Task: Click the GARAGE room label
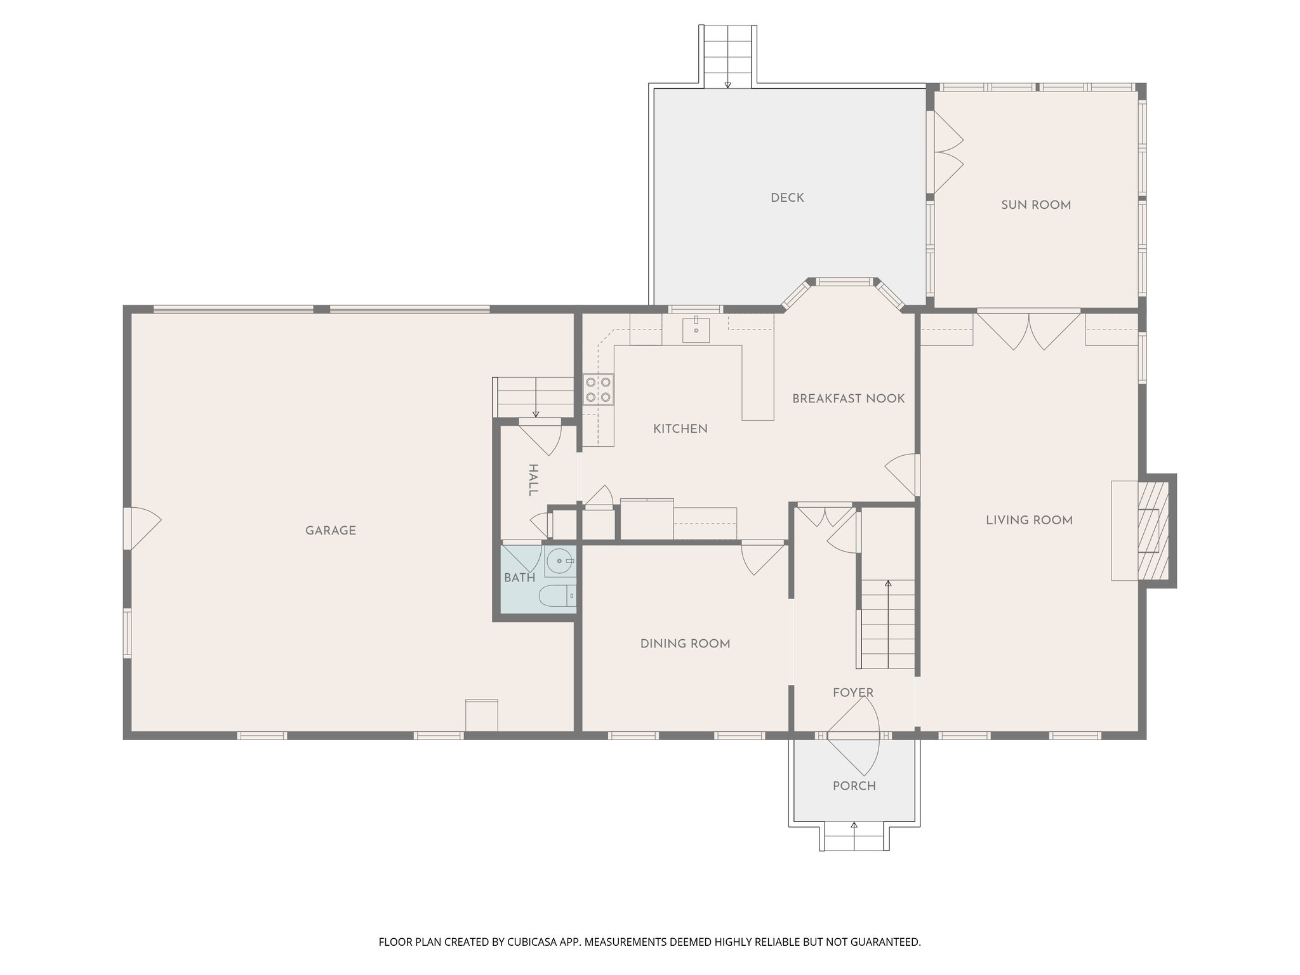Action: pyautogui.click(x=330, y=531)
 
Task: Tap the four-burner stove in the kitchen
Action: pyautogui.click(x=599, y=390)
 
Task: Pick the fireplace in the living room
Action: pyautogui.click(x=1151, y=530)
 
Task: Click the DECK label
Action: pyautogui.click(x=787, y=198)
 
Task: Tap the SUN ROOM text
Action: pyautogui.click(x=1035, y=205)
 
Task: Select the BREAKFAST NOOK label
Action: pyautogui.click(x=848, y=399)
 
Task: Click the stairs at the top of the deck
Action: pyautogui.click(x=727, y=55)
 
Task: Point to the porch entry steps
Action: pyautogui.click(x=854, y=837)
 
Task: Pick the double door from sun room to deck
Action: pyautogui.click(x=946, y=152)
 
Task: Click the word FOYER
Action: pyautogui.click(x=853, y=693)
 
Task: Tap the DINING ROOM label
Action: pyautogui.click(x=685, y=644)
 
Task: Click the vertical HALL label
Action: pyautogui.click(x=533, y=480)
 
